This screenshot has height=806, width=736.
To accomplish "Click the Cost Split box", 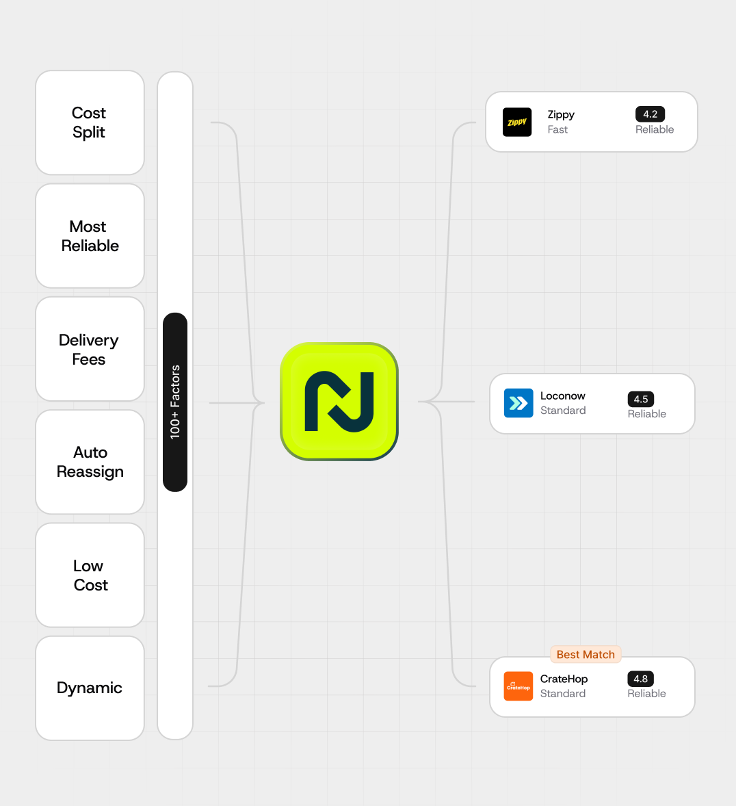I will click(90, 122).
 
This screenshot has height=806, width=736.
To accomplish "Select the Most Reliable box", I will click(90, 236).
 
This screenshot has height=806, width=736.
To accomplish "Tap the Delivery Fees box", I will click(90, 349).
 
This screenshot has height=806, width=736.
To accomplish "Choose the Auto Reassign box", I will click(90, 462).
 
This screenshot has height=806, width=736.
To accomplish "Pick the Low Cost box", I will click(90, 575).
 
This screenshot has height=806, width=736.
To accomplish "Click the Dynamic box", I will click(90, 688).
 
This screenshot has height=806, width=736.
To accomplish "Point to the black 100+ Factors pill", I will click(175, 402).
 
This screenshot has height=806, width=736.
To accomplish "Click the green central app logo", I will click(339, 402).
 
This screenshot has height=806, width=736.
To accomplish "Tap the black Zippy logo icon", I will click(517, 122).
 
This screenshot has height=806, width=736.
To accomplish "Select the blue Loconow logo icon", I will click(518, 403).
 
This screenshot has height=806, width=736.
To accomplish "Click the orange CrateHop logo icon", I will click(518, 686).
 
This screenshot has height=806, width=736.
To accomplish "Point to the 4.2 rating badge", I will click(650, 114).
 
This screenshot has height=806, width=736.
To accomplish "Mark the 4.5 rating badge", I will click(641, 399).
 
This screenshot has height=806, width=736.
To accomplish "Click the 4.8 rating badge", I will click(641, 679).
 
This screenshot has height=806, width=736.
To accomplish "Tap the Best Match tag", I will click(586, 655).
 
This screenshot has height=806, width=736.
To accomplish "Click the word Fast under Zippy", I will click(557, 130).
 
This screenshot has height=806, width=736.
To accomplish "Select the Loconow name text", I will click(563, 395).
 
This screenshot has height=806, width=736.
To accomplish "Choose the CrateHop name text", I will click(564, 679).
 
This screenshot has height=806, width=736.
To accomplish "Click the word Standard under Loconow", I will click(563, 411).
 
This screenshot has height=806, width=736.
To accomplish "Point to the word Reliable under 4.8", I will click(646, 694).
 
